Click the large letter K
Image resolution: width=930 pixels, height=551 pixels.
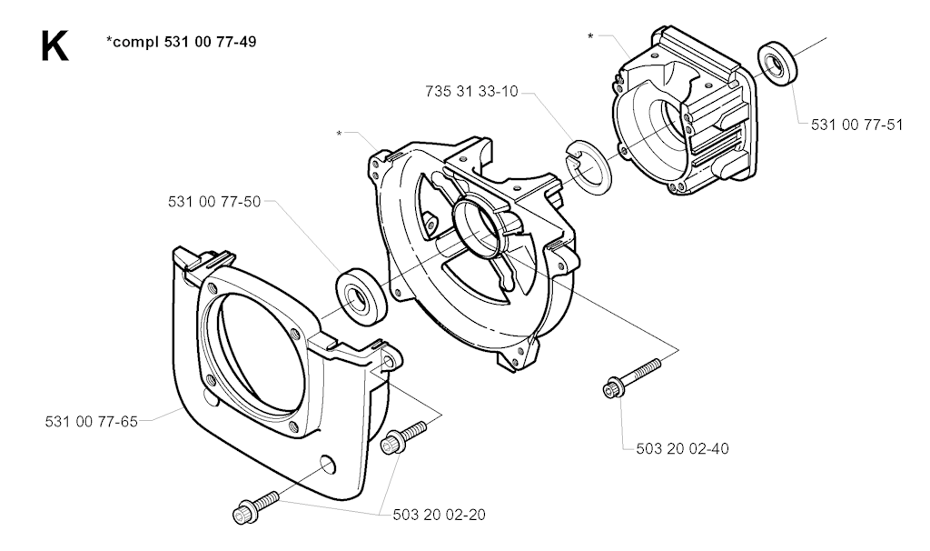54,47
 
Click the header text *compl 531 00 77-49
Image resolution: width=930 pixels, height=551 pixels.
182,42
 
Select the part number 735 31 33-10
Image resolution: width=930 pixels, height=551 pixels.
471,92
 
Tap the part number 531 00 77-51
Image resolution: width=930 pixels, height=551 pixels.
857,125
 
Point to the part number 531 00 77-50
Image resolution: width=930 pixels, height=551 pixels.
214,202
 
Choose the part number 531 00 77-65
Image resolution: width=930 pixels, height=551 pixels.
92,422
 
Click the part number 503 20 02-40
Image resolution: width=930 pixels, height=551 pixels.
683,448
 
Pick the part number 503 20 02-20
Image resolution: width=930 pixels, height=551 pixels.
439,515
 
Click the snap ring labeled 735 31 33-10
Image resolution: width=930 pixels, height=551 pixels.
588,167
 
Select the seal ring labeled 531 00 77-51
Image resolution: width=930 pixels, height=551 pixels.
778,64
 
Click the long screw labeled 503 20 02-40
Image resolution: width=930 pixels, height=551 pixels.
631,377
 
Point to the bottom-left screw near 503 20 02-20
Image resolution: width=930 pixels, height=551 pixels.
256,507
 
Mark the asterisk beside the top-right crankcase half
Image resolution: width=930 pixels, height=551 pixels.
590,36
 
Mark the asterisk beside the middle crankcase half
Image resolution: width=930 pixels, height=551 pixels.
340,134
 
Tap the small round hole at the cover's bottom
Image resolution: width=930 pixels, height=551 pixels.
327,465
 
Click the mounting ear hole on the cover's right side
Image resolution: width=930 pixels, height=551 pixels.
390,362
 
